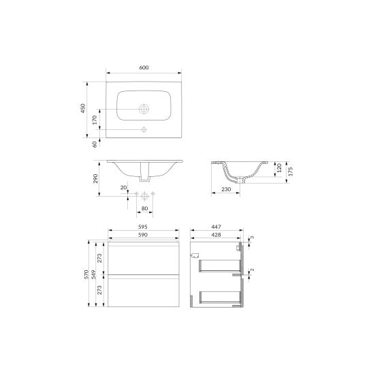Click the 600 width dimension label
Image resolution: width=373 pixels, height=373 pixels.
pos(144,67)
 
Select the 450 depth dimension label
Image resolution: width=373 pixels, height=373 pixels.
pos(83,108)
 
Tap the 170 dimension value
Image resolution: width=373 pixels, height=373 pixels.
pos(95,120)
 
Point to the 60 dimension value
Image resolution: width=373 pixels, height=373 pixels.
pos(95,144)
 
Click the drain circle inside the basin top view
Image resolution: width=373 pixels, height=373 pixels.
pos(144,109)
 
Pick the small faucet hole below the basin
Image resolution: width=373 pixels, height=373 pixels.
pos(144,129)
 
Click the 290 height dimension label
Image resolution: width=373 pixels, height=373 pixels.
pos(95,178)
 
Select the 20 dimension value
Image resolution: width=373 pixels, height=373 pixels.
pos(123,187)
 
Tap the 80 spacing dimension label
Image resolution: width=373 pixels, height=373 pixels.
pos(144,209)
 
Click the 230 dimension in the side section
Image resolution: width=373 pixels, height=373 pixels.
pos(226,189)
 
